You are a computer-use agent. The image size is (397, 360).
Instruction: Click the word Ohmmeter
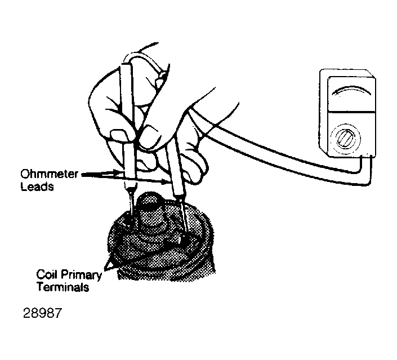pyautogui.click(x=49, y=174)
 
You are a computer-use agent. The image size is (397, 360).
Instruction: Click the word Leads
pyautogui.click(x=37, y=186)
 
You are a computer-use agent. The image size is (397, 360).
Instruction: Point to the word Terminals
pyautogui.click(x=63, y=287)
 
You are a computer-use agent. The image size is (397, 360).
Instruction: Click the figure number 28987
pyautogui.click(x=42, y=313)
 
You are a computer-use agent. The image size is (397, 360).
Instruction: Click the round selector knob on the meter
pyautogui.click(x=345, y=139)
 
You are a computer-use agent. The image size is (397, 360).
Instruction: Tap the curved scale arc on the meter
pyautogui.click(x=351, y=90)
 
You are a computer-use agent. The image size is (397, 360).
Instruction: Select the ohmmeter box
pyautogui.click(x=347, y=113)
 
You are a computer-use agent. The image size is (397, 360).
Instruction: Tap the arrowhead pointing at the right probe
pyautogui.click(x=165, y=181)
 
